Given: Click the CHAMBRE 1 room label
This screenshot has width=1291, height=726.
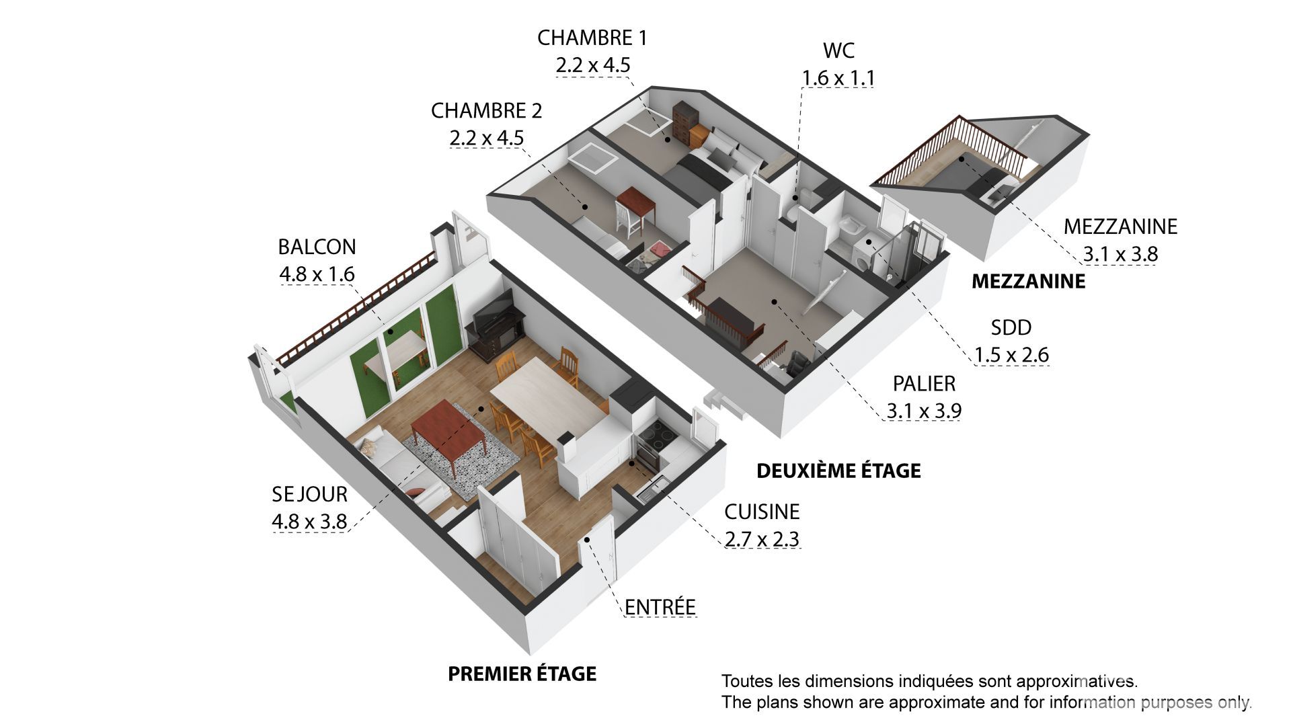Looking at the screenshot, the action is click(592, 38).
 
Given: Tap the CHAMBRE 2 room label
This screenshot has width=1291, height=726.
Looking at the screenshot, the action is click(486, 110).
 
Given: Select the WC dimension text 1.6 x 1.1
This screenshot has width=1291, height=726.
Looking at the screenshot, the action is click(838, 78).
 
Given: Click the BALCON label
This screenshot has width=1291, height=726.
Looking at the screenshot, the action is click(317, 247).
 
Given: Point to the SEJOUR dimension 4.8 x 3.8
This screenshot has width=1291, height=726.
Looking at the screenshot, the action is click(309, 521).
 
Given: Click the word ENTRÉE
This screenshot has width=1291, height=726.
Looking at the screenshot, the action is click(660, 606).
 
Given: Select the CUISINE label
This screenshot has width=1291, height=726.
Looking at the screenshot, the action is click(762, 512).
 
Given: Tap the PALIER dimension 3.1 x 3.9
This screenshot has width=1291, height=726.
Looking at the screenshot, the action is click(924, 410).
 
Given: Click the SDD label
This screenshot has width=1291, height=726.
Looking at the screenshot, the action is click(1011, 327).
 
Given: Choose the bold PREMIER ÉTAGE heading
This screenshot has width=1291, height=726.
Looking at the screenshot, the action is click(522, 673).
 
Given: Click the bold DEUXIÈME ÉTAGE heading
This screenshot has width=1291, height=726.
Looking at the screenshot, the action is click(838, 471).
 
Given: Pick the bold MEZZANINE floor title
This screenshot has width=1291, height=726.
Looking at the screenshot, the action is click(1029, 281).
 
